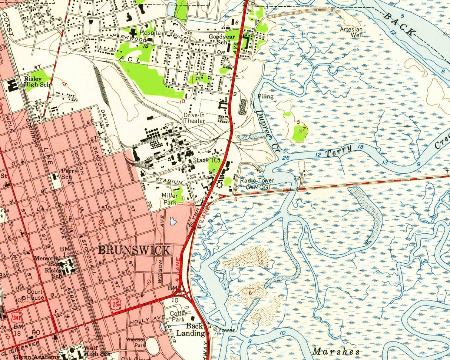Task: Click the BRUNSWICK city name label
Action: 134,250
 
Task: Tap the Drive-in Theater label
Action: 194,118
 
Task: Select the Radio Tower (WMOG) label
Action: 257,183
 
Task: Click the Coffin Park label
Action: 177,316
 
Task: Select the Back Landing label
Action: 195,329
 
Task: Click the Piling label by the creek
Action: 265,96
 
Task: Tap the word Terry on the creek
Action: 339,151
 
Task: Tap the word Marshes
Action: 336,351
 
